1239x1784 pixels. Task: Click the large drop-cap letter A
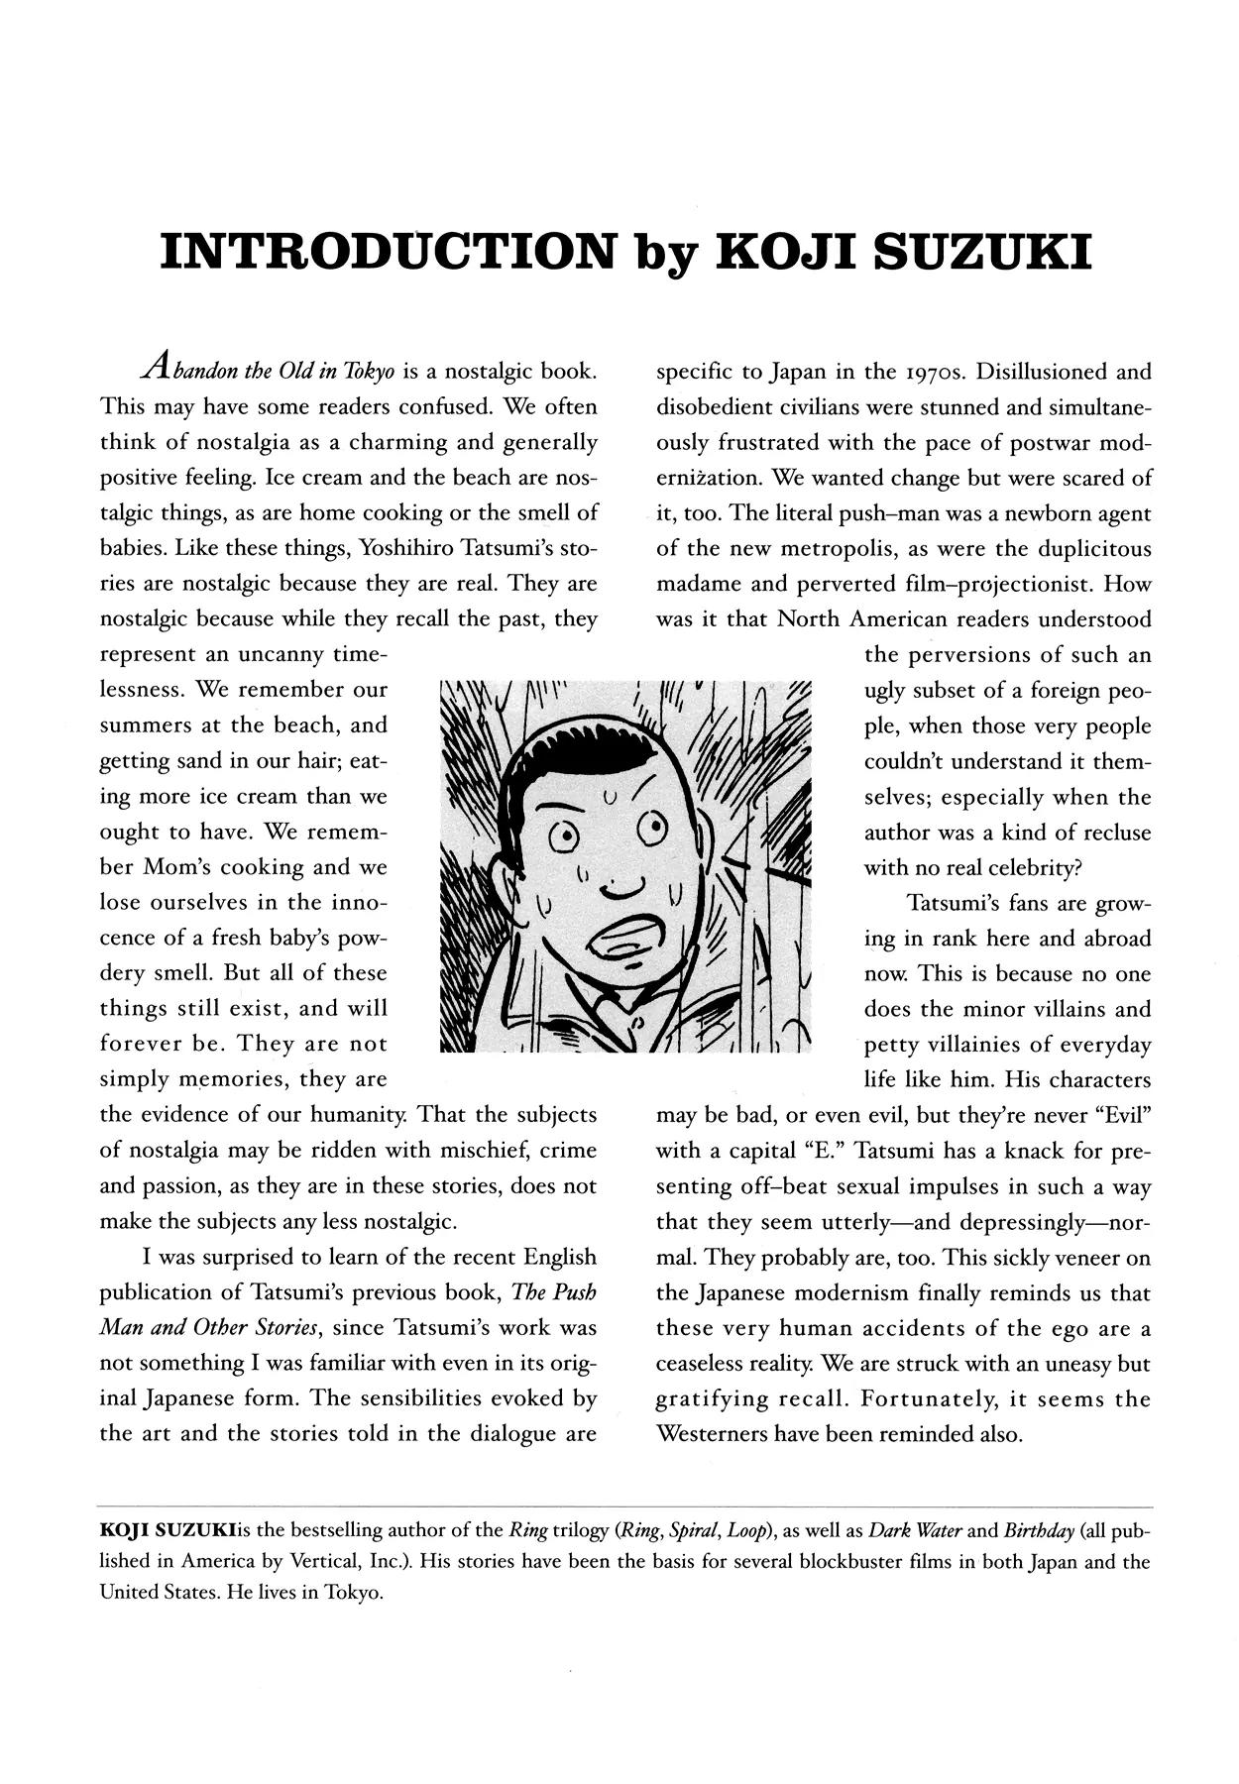click(156, 369)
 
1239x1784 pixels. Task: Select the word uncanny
click(281, 655)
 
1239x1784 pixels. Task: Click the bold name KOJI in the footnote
click(124, 1531)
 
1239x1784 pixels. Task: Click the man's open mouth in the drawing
click(630, 943)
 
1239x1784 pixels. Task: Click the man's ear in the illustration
click(510, 872)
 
